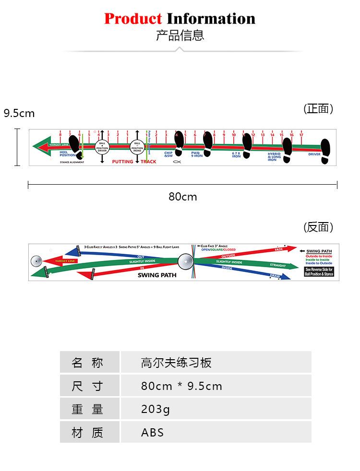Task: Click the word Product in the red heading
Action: coord(133,19)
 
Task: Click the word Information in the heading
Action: coord(211,19)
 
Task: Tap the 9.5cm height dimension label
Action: coord(19,113)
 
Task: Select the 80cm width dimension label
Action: coord(182,197)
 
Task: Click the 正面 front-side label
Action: coord(318,109)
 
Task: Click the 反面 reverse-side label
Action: coord(318,227)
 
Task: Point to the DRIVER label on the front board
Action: coord(314,154)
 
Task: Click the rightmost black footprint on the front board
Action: coord(325,151)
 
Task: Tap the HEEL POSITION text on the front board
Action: coord(67,153)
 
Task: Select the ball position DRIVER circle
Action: coord(102,147)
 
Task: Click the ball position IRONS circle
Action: coord(137,147)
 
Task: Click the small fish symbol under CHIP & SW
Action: coord(177,162)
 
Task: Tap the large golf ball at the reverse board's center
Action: coord(186,261)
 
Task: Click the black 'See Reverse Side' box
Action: coord(319,271)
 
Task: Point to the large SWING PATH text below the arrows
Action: coord(157,275)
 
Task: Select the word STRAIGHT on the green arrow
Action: coord(277,265)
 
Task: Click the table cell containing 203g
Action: coord(216,409)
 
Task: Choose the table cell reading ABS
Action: coord(216,432)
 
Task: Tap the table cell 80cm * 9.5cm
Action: coord(216,386)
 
